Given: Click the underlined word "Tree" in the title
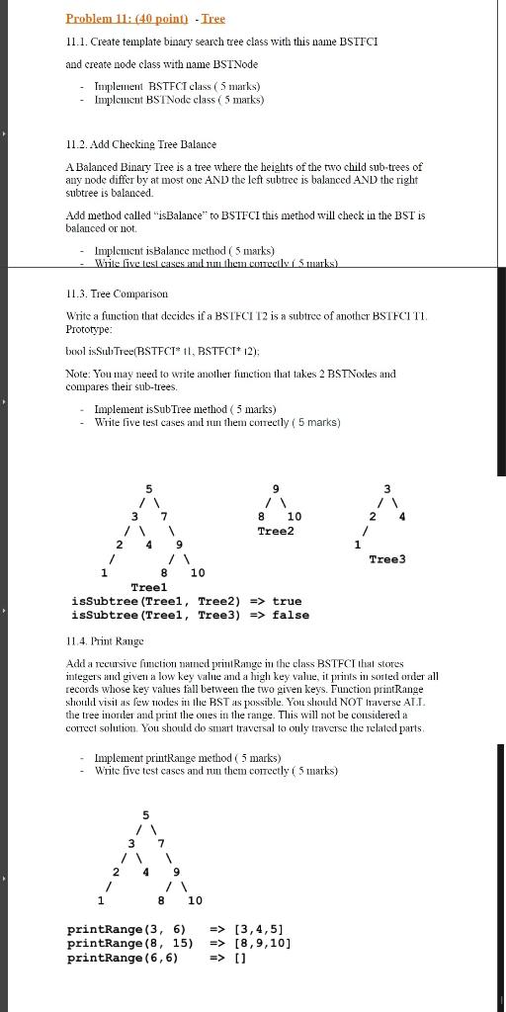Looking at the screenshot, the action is [213, 19].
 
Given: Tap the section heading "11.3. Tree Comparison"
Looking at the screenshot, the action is [117, 294].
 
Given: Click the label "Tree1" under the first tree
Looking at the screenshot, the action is [148, 586].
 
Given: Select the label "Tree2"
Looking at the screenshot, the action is [276, 531].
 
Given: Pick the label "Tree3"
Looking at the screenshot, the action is [386, 559].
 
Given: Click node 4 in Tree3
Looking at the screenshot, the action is [402, 516].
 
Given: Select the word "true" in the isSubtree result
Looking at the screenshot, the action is [287, 601].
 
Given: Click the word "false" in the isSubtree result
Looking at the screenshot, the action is [291, 615].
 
